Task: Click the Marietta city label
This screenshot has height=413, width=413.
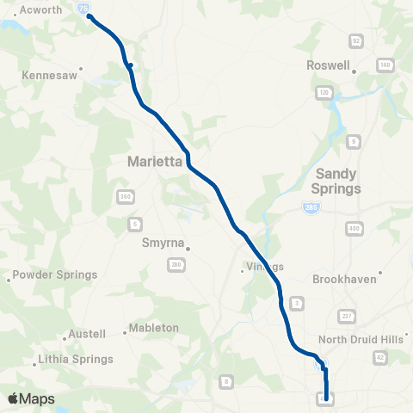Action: (x=151, y=160)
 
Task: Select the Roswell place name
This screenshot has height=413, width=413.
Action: (x=328, y=65)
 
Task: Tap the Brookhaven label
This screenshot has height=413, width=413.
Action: (x=348, y=280)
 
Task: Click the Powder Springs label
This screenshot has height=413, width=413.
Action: (x=52, y=275)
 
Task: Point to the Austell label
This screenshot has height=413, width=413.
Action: (x=84, y=334)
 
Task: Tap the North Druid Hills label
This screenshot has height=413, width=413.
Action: (x=361, y=339)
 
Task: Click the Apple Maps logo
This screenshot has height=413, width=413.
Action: (x=31, y=398)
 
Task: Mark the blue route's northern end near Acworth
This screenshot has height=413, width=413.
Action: (x=89, y=16)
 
